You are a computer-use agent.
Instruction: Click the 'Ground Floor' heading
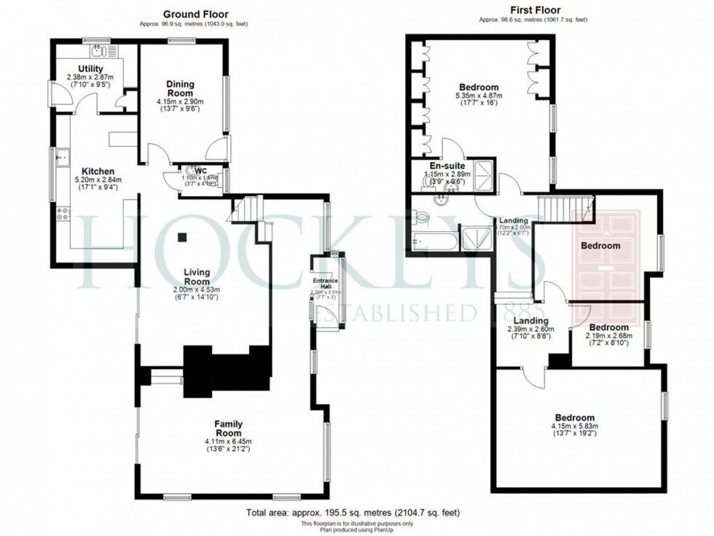click(195, 14)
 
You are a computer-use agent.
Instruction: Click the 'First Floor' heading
click(519, 10)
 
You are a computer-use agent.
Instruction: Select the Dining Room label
click(179, 88)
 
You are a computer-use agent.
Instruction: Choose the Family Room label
click(228, 428)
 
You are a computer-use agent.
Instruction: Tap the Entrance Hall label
click(322, 280)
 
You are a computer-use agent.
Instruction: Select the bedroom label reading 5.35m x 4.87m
click(479, 88)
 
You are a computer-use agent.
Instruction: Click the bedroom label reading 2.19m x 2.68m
click(609, 327)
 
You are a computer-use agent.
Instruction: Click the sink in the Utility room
click(99, 51)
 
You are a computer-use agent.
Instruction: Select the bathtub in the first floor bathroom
click(434, 240)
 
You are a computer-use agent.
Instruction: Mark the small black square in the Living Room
click(183, 236)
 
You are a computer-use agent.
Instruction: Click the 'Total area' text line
click(353, 513)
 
